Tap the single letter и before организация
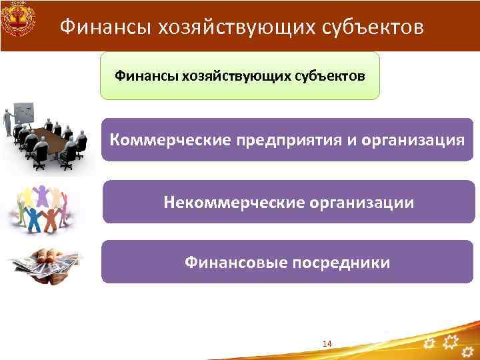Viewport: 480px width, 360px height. [346, 141]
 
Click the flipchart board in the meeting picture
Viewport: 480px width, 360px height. [25, 113]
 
